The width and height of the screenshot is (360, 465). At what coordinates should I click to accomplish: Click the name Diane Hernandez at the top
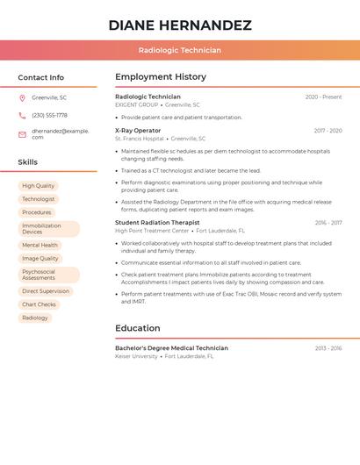180,25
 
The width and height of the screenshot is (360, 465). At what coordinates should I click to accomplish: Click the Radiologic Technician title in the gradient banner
180,51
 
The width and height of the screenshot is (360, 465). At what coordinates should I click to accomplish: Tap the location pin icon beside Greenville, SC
22,97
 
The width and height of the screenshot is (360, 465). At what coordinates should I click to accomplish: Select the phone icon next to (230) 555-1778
22,115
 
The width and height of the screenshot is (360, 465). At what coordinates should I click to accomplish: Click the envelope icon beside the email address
22,134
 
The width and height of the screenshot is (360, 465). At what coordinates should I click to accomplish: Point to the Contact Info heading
41,77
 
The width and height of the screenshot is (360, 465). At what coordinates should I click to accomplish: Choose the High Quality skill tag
38,186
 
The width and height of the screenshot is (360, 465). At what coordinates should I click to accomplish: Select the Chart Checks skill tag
39,304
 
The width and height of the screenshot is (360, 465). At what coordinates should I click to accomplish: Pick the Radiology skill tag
35,318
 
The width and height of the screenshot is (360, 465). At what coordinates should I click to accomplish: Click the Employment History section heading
161,77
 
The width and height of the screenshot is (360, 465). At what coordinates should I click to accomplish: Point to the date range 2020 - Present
323,97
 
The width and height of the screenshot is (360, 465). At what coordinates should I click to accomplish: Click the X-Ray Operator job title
138,131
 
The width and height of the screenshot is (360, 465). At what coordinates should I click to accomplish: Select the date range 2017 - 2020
328,131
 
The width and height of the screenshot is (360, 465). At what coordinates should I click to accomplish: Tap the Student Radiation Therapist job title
157,223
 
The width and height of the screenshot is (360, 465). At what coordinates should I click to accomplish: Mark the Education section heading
138,328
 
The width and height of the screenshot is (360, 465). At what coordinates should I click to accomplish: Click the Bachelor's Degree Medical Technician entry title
171,348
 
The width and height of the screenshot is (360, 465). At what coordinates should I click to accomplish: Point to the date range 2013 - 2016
328,348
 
